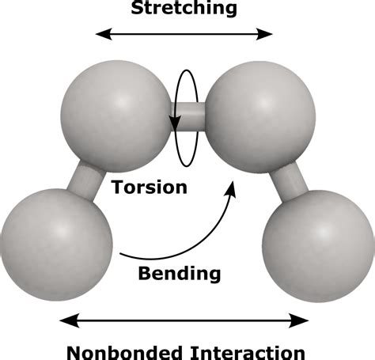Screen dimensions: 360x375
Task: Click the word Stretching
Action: point(184,9)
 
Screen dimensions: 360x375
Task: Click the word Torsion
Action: point(150,188)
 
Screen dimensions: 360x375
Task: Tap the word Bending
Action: point(179,274)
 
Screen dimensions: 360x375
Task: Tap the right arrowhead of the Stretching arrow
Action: point(268,34)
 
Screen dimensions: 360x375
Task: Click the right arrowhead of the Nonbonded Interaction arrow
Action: point(304,320)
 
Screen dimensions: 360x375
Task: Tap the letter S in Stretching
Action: point(139,9)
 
